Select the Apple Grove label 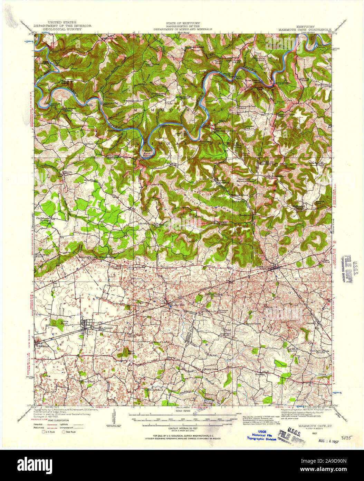pyautogui.click(x=254, y=324)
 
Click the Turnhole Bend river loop pyautogui.click(x=146, y=151)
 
